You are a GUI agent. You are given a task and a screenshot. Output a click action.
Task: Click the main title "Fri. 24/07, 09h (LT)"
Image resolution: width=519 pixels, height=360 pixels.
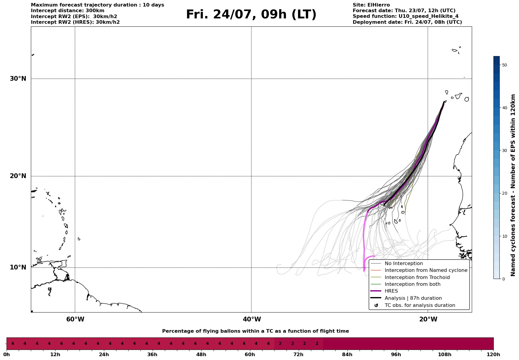click(251, 15)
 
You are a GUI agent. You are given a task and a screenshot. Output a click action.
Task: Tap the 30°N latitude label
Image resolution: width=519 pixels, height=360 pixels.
click(18, 79)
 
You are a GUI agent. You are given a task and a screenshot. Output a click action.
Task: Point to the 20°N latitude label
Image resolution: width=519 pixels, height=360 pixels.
click(18, 176)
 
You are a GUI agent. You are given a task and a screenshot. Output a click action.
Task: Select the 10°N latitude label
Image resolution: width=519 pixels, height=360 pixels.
click(18, 267)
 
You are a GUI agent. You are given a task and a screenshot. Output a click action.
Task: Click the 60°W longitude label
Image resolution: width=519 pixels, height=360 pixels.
click(75, 319)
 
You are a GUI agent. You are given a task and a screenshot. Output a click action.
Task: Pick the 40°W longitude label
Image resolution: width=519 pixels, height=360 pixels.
click(252, 319)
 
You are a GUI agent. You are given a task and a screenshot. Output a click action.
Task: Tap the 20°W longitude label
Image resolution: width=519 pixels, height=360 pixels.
click(428, 319)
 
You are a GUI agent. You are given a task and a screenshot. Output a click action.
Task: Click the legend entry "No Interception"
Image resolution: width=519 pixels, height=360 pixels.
click(404, 264)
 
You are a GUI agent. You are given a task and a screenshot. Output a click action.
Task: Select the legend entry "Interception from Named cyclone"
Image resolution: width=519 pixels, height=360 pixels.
click(426, 270)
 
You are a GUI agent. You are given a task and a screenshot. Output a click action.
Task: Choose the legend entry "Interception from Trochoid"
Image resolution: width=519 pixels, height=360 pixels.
click(417, 277)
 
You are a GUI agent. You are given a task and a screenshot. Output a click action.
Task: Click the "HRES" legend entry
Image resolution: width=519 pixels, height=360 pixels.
click(391, 291)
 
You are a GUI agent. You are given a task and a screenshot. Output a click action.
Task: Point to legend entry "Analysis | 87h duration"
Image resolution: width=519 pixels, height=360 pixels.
click(413, 298)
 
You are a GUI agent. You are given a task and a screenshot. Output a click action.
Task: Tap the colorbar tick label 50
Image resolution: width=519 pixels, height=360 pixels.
click(504, 65)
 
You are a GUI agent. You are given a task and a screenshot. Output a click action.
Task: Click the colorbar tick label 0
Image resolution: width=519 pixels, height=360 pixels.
click(503, 279)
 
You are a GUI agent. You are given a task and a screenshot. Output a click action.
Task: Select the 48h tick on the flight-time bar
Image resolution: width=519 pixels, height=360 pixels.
click(201, 355)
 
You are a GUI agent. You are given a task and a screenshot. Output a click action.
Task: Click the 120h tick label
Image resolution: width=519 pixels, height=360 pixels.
click(493, 355)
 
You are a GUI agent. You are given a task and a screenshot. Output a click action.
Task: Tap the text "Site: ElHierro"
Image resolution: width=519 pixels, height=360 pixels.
click(371, 5)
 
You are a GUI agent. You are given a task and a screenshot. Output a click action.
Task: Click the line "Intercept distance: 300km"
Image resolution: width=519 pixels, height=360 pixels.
click(68, 11)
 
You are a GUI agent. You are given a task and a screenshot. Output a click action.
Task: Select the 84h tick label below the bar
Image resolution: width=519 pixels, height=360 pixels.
click(347, 355)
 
